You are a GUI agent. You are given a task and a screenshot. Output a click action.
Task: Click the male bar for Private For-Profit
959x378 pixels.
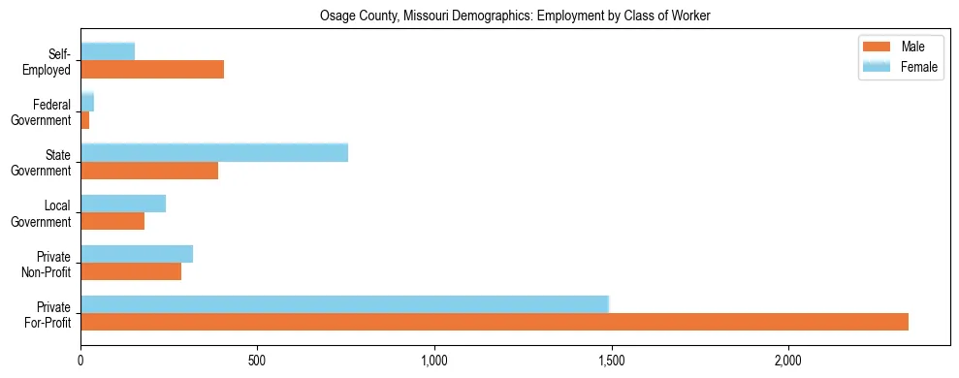[x=495, y=322]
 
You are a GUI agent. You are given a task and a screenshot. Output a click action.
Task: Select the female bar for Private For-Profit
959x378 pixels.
[x=344, y=304]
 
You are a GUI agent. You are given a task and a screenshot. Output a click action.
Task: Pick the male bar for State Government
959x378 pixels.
[x=149, y=171]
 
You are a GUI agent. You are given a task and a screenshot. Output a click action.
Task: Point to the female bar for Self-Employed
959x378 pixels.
[x=108, y=52]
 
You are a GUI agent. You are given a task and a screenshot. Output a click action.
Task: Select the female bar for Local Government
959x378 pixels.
[x=123, y=204]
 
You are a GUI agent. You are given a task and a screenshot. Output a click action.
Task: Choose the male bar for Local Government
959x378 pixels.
[x=112, y=221]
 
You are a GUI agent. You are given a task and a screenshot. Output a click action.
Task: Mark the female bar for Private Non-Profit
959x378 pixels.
[x=137, y=254]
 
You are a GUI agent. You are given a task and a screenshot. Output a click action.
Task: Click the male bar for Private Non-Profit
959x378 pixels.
[x=131, y=271]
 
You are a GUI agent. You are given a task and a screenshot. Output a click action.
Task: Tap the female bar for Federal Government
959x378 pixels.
[x=87, y=103]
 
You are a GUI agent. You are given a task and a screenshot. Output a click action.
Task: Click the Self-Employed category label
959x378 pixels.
[x=48, y=62]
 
